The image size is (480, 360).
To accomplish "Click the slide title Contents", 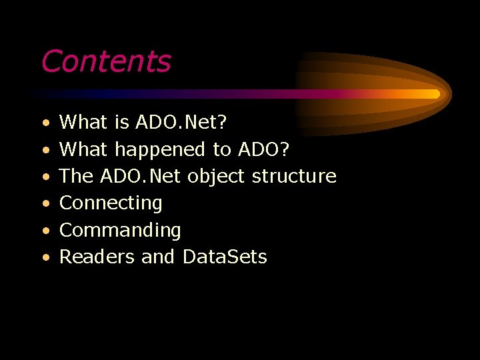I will coord(106,61).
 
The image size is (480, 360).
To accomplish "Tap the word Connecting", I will coord(111,203).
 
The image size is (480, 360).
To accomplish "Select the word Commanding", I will coord(120,230).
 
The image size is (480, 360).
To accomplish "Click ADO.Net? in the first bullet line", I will coord(181,122).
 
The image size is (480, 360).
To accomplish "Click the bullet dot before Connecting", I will coord(44,203).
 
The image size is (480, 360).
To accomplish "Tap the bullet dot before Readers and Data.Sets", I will coord(44,257).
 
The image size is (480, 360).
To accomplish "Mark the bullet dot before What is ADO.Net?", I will coord(44,123).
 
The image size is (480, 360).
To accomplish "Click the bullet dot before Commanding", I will coord(44,231).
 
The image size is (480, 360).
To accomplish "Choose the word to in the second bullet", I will coord(221,149).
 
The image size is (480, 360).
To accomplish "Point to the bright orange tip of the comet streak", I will coord(433,94).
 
